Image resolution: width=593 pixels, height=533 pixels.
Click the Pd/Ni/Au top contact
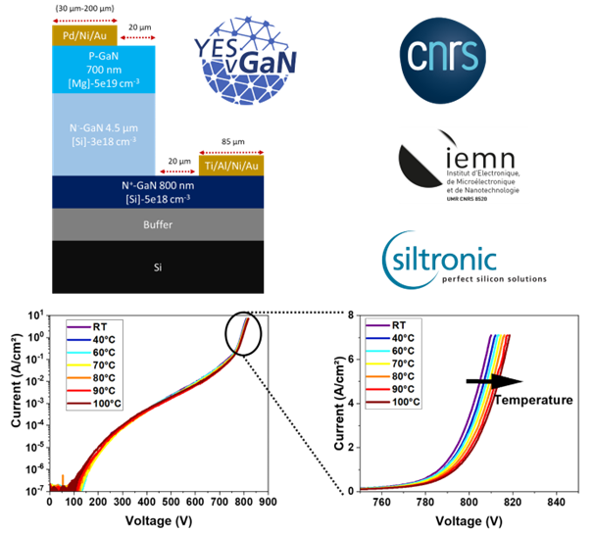click(84, 36)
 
